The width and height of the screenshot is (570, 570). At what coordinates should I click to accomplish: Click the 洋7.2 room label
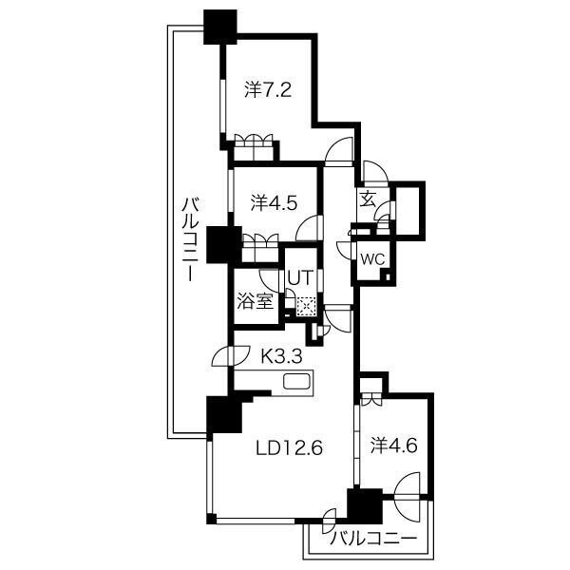[268, 90]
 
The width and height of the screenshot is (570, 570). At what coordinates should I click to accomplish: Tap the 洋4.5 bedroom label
[275, 203]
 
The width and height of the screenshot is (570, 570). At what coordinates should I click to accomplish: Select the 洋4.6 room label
[394, 446]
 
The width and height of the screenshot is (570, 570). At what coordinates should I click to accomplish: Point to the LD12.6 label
[290, 448]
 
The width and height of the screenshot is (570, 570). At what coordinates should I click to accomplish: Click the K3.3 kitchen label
[282, 356]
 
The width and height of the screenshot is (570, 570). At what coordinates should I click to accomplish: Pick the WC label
[372, 259]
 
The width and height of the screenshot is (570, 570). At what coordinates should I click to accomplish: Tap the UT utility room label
[300, 278]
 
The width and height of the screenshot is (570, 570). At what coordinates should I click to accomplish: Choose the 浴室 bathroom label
[256, 301]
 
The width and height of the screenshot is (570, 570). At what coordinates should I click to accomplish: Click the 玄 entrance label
[367, 199]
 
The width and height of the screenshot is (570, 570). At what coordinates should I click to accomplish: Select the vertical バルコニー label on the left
[191, 239]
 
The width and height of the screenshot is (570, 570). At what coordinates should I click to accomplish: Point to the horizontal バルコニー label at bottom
[373, 539]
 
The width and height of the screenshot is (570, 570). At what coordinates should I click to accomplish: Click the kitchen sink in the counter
[296, 381]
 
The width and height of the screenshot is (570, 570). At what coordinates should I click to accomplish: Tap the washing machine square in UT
[305, 307]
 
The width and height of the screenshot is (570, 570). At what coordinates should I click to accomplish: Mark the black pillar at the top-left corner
[220, 27]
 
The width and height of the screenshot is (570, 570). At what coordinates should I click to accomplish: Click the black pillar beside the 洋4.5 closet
[224, 244]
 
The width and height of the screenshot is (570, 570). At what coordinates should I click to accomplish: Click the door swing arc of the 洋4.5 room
[309, 228]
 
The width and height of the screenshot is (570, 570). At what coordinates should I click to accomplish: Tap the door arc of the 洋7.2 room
[339, 149]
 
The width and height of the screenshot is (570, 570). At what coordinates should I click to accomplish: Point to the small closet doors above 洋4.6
[370, 399]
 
